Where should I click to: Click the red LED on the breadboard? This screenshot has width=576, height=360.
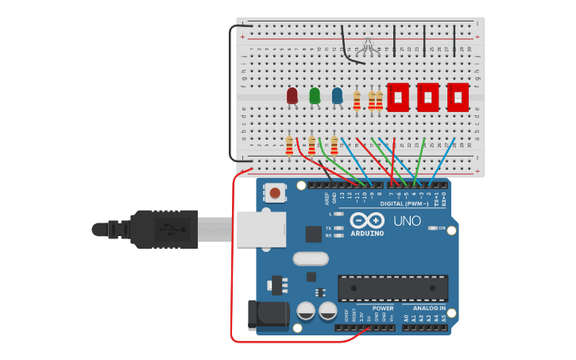tap(292, 96)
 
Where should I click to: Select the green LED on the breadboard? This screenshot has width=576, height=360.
tap(315, 96)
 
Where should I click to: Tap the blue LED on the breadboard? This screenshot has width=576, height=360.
tap(337, 96)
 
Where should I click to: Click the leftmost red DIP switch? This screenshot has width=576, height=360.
tap(398, 97)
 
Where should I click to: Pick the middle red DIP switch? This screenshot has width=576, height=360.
tap(427, 97)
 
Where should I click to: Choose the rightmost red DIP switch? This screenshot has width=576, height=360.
tap(458, 97)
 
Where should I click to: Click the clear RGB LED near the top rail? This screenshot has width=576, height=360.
tap(366, 47)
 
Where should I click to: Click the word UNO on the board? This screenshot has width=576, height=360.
tap(408, 220)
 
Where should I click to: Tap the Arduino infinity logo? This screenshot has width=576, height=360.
tap(367, 220)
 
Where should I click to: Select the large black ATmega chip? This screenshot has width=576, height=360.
tap(392, 288)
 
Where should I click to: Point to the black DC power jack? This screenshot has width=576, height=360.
tap(267, 315)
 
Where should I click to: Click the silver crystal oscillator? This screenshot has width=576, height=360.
tap(310, 258)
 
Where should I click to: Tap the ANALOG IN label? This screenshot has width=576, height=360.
tap(429, 308)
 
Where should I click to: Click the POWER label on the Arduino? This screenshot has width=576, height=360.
tap(383, 308)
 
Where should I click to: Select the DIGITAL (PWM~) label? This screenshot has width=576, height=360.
tap(405, 203)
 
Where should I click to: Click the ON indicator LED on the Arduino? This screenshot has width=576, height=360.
tap(431, 228)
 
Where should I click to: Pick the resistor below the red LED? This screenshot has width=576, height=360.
tap(289, 145)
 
